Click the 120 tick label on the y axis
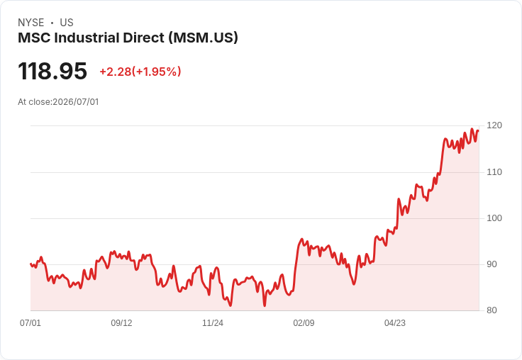(494, 125)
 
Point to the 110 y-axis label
(494, 172)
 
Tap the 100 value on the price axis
(494, 218)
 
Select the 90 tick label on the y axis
(492, 264)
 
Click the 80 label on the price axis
(492, 310)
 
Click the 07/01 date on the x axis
(30, 323)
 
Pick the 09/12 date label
(121, 323)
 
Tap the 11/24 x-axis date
(213, 323)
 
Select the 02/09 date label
(304, 323)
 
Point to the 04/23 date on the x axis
(395, 323)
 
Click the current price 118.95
(52, 71)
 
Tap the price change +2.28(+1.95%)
(140, 72)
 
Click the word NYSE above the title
(31, 23)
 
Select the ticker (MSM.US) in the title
(203, 38)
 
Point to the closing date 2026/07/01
(76, 102)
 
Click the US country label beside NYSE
(67, 23)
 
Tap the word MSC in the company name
(34, 38)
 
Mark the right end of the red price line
(479, 131)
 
